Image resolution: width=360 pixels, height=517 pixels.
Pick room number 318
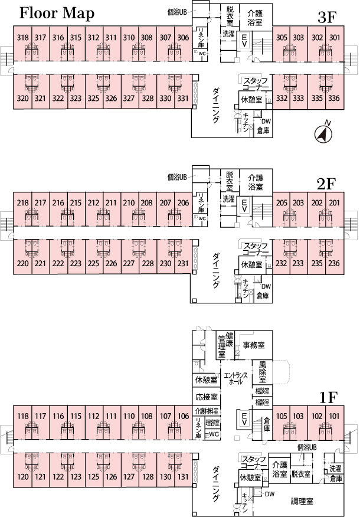point(23,38)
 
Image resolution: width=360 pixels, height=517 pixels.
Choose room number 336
point(334,98)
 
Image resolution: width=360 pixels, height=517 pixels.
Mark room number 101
point(334,417)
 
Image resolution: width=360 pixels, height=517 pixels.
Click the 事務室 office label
point(253,344)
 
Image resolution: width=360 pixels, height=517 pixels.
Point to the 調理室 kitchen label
point(302,502)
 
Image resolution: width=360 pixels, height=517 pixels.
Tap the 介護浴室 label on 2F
point(255,181)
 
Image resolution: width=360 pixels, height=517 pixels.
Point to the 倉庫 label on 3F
point(263,129)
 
